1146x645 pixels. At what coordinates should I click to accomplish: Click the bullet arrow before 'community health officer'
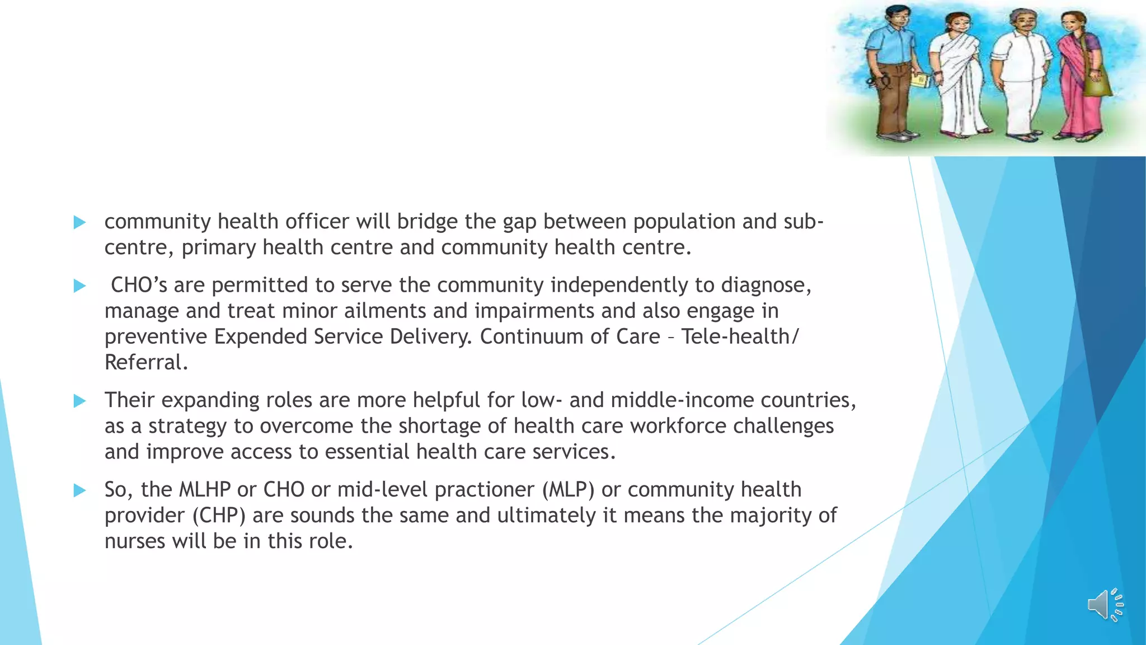click(x=79, y=222)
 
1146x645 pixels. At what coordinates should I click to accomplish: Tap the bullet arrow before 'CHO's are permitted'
click(x=79, y=286)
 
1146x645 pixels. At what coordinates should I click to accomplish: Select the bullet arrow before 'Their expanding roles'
click(x=79, y=401)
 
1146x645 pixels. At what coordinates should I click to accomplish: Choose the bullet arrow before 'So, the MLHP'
click(x=79, y=490)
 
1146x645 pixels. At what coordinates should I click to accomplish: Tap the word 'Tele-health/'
click(x=740, y=336)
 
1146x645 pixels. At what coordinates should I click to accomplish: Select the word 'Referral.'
click(x=146, y=362)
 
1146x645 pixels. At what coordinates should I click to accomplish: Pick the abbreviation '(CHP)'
click(x=219, y=516)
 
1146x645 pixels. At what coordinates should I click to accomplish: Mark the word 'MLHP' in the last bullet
click(x=205, y=490)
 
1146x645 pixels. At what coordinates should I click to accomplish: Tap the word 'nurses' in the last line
click(x=135, y=541)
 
